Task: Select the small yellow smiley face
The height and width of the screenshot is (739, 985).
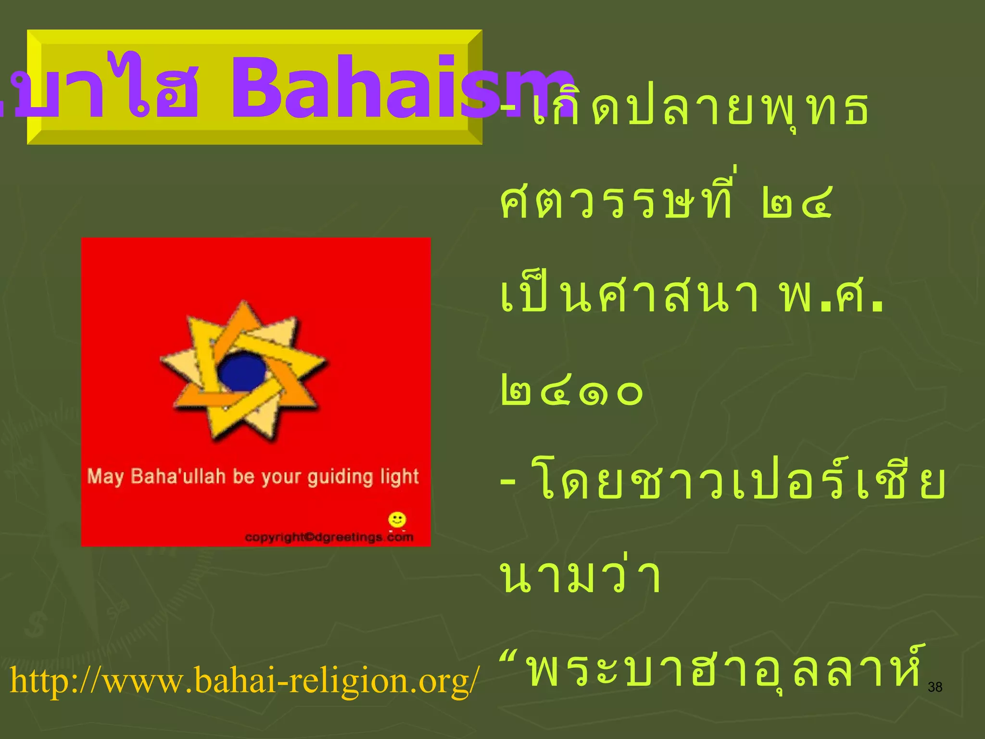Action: pos(397,520)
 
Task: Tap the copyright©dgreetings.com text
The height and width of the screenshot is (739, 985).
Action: pos(329,537)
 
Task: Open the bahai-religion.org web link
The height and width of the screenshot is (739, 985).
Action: pos(244,680)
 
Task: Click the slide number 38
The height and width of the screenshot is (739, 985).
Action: pos(934,687)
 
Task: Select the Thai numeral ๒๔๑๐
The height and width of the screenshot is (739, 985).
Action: pos(571,392)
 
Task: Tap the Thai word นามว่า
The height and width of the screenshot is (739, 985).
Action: pos(581,576)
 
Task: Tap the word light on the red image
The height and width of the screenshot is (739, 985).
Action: pos(399,477)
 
